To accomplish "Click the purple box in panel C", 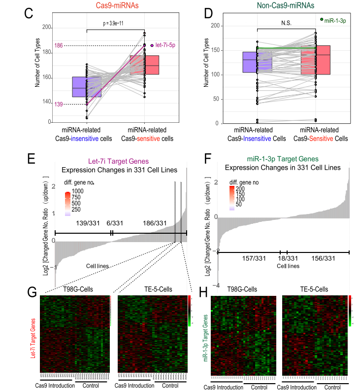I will click(86, 87).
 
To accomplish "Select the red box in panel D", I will click(315, 60).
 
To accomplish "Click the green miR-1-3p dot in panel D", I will click(322, 20).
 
